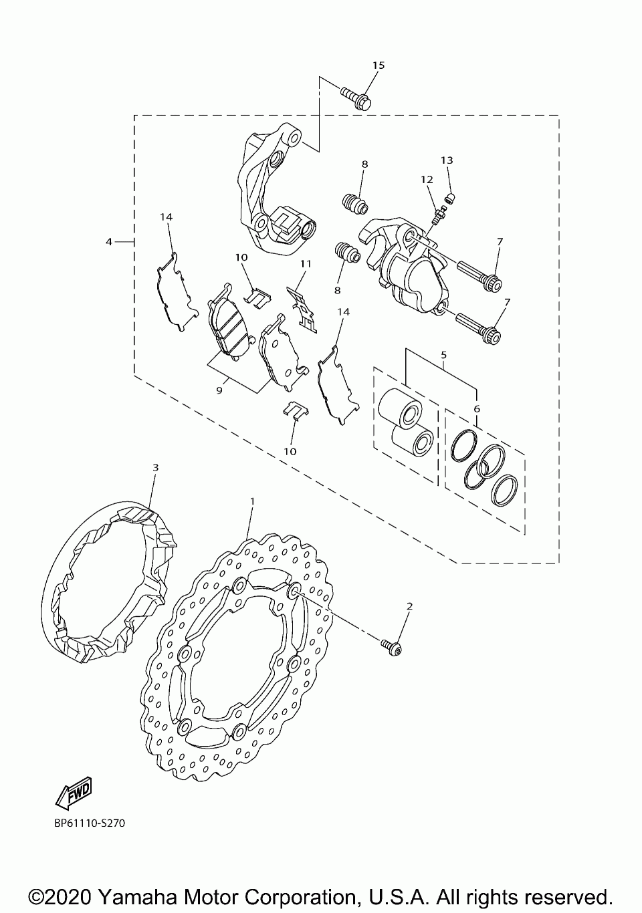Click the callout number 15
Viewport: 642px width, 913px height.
(379, 65)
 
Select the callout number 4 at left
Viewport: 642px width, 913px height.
(109, 241)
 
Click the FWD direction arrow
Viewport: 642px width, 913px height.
(74, 793)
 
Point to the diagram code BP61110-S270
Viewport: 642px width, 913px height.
(90, 823)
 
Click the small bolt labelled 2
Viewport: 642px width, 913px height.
(392, 646)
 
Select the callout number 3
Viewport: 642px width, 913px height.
(155, 467)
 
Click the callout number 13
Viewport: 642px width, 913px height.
(447, 160)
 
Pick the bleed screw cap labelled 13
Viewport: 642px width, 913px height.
(449, 197)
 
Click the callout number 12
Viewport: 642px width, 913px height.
(427, 180)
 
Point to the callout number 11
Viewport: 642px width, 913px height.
(306, 264)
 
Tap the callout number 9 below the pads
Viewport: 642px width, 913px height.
(219, 390)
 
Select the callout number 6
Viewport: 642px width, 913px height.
(477, 408)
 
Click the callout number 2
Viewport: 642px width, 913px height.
(410, 606)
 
